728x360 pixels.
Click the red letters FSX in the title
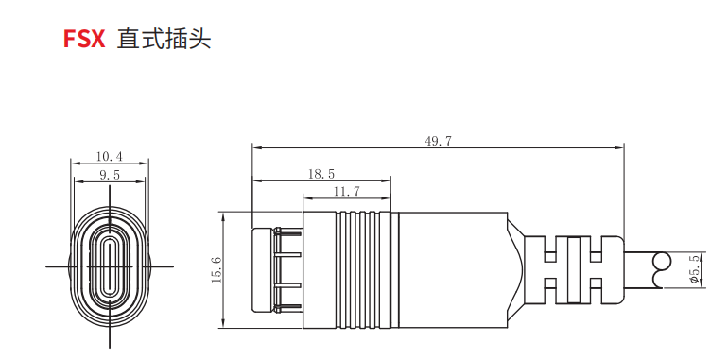click(x=84, y=39)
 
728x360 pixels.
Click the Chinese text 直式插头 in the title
click(x=164, y=39)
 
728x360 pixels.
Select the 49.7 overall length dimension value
click(x=438, y=141)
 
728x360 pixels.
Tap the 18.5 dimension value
click(x=321, y=174)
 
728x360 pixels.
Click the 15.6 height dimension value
click(x=217, y=269)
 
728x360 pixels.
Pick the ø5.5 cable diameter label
click(x=694, y=271)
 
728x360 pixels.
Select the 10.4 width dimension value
click(x=109, y=157)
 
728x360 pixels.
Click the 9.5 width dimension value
click(x=110, y=175)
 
